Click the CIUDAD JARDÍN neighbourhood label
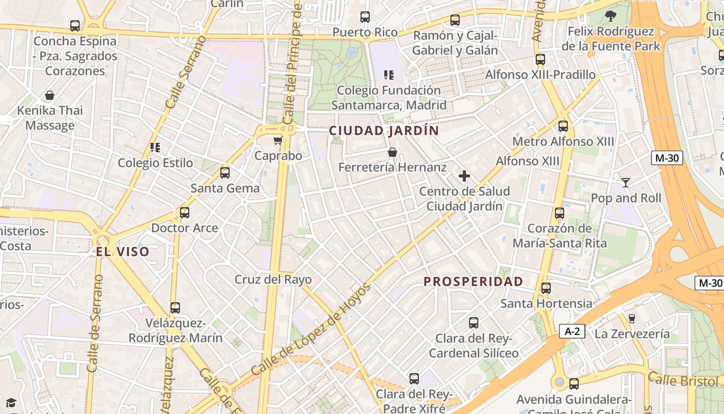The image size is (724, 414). [384, 130]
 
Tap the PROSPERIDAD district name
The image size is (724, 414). [473, 282]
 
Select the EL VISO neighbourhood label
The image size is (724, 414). [123, 252]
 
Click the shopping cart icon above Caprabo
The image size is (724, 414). [278, 140]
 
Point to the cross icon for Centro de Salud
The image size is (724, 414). [464, 176]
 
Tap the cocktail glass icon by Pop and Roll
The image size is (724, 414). [626, 182]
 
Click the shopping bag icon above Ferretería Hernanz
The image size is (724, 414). [393, 152]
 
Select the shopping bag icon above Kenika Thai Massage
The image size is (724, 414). [50, 95]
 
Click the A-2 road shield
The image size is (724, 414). [572, 332]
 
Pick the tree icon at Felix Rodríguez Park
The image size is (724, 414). [611, 16]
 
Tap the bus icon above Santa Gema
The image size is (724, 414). [225, 173]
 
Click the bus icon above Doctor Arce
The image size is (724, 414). [185, 213]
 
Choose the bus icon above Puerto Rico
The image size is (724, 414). [365, 17]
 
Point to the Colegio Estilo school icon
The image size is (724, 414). [155, 147]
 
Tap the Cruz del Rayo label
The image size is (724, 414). [273, 279]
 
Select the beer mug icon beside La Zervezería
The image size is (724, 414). [631, 318]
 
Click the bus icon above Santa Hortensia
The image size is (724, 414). [546, 288]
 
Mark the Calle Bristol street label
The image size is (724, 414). [683, 380]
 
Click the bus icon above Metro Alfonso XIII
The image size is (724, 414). [563, 126]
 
